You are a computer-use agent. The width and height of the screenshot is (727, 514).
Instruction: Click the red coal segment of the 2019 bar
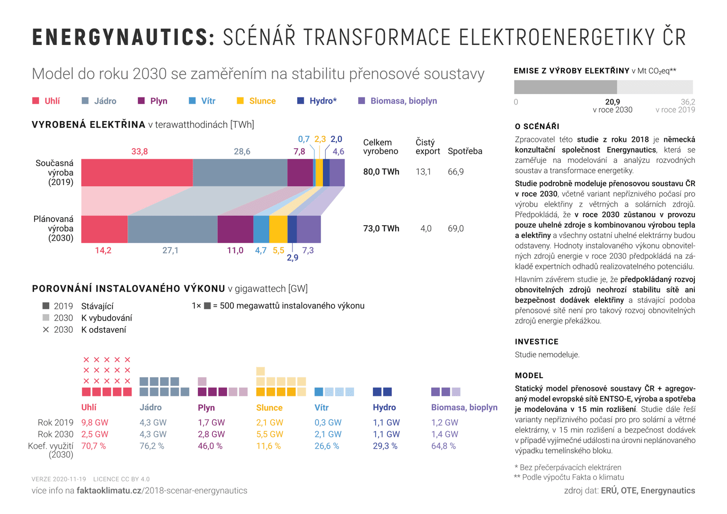point(137,173)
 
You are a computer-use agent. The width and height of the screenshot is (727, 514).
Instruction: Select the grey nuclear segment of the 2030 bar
point(172,230)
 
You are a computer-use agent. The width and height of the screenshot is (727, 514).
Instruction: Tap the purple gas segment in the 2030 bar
point(235,230)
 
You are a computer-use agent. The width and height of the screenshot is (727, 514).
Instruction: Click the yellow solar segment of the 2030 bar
point(278,230)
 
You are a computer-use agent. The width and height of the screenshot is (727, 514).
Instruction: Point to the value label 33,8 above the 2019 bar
point(140,151)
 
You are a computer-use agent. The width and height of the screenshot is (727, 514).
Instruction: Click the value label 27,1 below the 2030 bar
point(170,250)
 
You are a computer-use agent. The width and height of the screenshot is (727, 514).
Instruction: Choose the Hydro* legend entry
point(323,101)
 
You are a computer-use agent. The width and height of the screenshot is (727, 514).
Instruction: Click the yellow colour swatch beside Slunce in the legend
point(240,101)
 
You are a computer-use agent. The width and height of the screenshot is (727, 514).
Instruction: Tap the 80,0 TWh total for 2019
point(381,172)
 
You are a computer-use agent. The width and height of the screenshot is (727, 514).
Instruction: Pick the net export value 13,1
point(423,172)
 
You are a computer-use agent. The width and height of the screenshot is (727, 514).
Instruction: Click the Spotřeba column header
point(465,151)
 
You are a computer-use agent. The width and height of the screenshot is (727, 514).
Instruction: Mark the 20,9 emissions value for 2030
point(612,102)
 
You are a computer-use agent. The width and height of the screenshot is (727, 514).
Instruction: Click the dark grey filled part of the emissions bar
point(565,87)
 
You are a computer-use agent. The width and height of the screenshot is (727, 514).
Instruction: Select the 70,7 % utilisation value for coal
point(94,446)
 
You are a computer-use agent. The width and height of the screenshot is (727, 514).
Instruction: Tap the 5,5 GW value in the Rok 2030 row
point(269,434)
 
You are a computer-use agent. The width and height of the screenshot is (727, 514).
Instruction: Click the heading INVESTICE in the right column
point(537,342)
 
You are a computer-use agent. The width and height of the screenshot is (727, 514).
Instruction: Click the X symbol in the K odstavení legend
point(46,330)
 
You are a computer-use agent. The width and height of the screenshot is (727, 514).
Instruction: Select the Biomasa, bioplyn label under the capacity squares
point(464,408)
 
